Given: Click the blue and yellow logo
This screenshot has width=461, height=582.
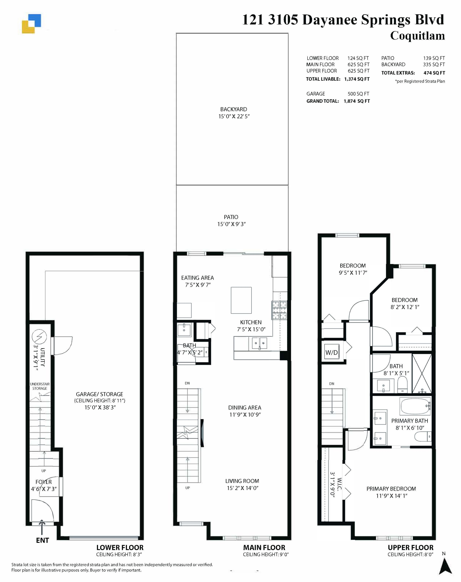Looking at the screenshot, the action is (x=31, y=24).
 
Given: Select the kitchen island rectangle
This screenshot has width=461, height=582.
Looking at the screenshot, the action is (x=241, y=300).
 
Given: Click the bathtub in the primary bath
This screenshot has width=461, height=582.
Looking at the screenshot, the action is (x=415, y=407).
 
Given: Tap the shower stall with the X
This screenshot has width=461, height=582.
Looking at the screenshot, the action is (x=422, y=373).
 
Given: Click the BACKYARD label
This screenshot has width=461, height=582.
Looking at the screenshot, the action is (x=233, y=109).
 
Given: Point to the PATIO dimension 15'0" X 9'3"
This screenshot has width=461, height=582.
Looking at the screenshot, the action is (x=231, y=224).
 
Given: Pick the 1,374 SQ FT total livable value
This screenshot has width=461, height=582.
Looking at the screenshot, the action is (x=357, y=79).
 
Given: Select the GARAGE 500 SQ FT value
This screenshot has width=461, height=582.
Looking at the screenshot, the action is (x=358, y=94).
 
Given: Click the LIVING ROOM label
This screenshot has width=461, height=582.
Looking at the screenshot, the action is (x=242, y=481).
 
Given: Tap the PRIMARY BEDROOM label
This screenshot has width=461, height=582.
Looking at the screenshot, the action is (x=391, y=489).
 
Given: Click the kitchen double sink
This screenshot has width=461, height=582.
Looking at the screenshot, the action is (x=259, y=343).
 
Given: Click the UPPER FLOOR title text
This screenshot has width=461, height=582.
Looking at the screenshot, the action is (x=410, y=548).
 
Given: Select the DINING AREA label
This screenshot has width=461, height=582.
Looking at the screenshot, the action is (x=245, y=408).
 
